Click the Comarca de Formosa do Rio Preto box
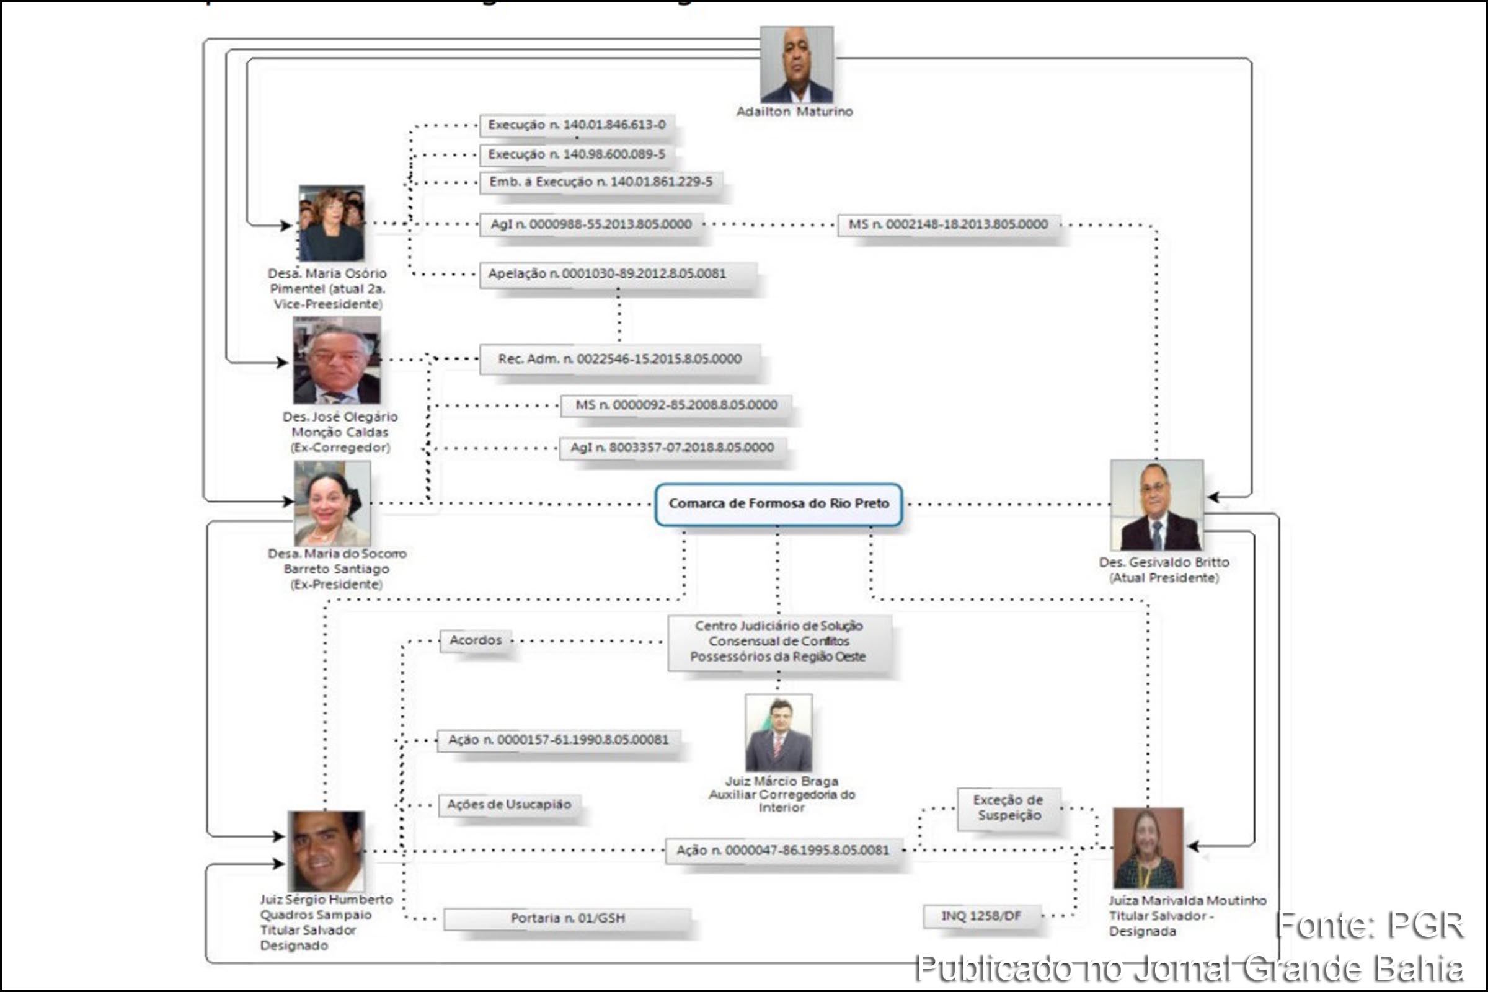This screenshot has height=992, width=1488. coord(778,504)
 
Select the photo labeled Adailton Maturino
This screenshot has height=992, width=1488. coord(796,64)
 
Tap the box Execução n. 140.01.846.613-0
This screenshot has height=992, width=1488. coord(577,125)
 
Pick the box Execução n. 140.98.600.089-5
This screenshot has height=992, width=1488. coord(577,155)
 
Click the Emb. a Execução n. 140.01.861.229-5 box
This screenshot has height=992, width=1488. coord(600,182)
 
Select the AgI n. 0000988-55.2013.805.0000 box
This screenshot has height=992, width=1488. coord(591,224)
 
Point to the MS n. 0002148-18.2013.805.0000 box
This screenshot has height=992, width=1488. coord(948,224)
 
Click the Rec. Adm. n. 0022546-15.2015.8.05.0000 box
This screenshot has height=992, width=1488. coord(619,360)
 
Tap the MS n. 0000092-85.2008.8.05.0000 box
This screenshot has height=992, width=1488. coord(676,405)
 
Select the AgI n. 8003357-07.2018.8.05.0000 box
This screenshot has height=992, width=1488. coord(672,448)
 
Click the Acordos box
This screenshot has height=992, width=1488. coord(475,640)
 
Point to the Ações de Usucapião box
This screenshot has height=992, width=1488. coord(508,805)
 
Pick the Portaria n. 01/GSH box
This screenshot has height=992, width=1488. coord(567,918)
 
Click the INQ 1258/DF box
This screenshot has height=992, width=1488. coord(981,916)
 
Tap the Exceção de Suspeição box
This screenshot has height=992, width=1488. coord(1009,808)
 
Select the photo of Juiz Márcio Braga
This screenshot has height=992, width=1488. coord(778,733)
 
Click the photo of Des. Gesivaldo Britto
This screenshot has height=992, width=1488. coord(1156,505)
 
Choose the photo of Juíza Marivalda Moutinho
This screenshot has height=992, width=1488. coord(1148,848)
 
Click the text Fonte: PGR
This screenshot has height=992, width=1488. coord(1369,926)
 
